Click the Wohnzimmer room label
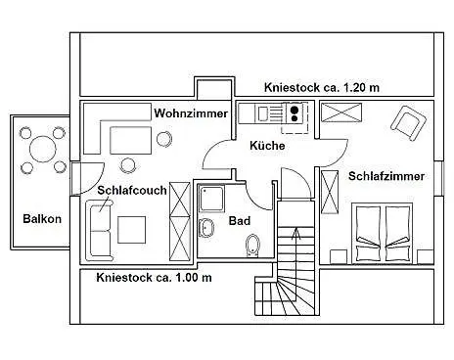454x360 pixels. pyautogui.click(x=191, y=114)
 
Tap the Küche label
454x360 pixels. pyautogui.click(x=267, y=146)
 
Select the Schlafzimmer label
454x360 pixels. pyautogui.click(x=386, y=176)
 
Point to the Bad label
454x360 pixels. pyautogui.click(x=240, y=221)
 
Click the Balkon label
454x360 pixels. pyautogui.click(x=42, y=219)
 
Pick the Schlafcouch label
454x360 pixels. pyautogui.click(x=130, y=190)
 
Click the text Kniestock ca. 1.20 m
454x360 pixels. pyautogui.click(x=322, y=88)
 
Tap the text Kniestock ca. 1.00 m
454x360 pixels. pyautogui.click(x=154, y=278)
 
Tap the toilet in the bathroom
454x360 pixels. pyautogui.click(x=253, y=245)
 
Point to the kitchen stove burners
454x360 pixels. pyautogui.click(x=294, y=112)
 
